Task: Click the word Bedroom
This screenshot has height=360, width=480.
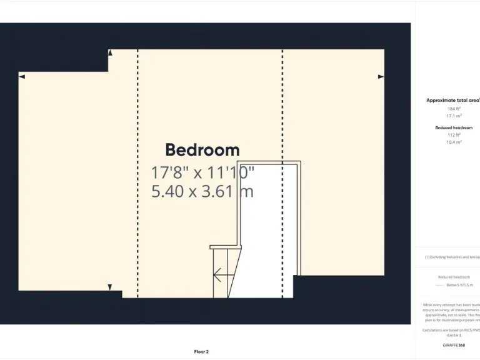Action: (x=202, y=150)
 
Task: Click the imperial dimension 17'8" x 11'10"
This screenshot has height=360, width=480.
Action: (x=202, y=172)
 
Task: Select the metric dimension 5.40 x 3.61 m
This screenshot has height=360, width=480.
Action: (x=202, y=191)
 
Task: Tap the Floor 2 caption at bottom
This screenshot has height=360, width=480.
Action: (x=201, y=351)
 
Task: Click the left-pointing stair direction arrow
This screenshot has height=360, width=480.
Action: (x=218, y=274)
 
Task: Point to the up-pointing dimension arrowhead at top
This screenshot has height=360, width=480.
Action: (x=110, y=52)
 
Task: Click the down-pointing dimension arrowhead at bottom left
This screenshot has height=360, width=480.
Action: (x=110, y=287)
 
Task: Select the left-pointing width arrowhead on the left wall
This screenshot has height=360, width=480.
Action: (x=22, y=76)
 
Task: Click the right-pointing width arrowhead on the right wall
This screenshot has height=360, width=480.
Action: (x=381, y=76)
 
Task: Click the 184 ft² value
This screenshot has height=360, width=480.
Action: (x=454, y=108)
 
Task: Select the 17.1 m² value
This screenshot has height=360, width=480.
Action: (x=454, y=116)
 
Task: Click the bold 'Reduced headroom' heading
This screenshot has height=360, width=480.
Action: (x=454, y=127)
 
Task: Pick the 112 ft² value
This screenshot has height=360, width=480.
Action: (x=454, y=135)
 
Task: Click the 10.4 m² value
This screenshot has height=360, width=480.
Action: (x=454, y=142)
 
